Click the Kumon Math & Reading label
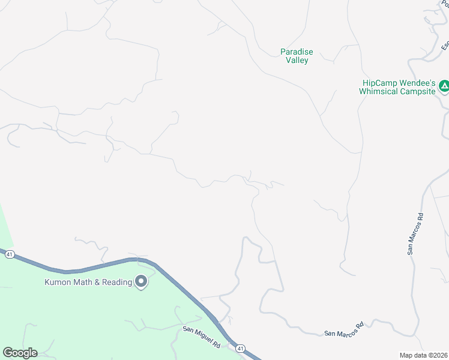click(88, 282)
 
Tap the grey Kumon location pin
click(141, 281)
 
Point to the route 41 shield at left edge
click(9, 254)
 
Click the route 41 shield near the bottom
click(241, 348)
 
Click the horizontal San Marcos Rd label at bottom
click(344, 329)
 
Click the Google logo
click(20, 353)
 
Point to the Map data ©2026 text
click(423, 355)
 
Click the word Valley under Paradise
click(297, 61)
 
